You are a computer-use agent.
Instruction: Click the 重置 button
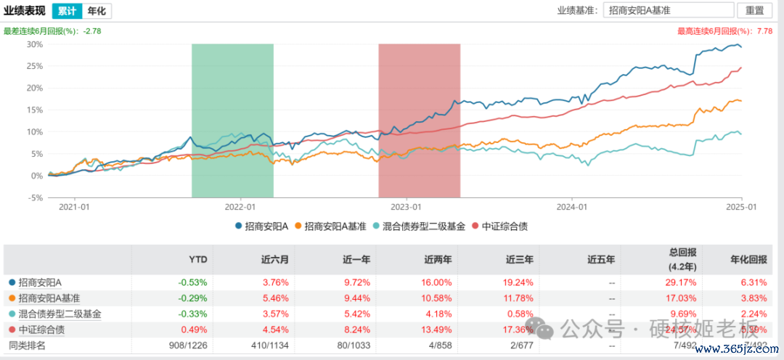pos(755,10)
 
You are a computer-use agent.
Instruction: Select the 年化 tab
pos(96,10)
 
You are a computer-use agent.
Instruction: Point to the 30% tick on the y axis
pos(34,44)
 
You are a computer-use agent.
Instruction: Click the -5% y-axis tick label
pos(34,197)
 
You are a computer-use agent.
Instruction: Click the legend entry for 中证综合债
pos(501,226)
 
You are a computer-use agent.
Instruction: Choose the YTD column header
pos(198,258)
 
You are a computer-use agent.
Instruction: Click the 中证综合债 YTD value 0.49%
pos(193,330)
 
